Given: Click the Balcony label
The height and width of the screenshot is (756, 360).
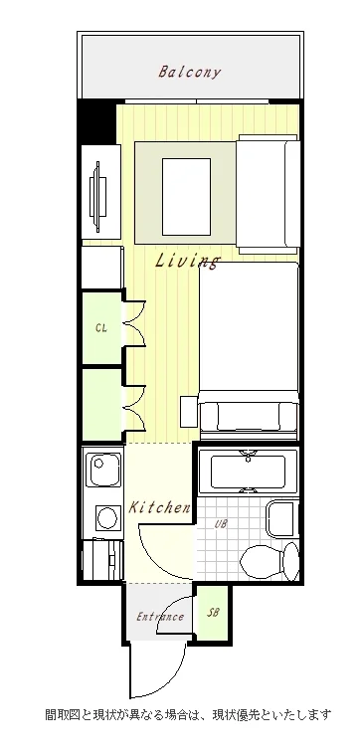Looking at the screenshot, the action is (189, 73).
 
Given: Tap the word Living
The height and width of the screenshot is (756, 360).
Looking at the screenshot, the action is (187, 261).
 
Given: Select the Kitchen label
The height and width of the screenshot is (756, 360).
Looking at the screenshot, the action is (159, 507).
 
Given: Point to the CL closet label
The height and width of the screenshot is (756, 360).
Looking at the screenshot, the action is (101, 328).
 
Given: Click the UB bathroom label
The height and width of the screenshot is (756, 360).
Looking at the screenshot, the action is (221, 523).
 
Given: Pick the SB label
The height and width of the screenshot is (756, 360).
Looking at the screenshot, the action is (213, 613).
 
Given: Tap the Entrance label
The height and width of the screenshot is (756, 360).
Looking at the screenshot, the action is (160, 617).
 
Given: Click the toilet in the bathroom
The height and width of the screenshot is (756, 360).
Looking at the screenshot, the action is (270, 561).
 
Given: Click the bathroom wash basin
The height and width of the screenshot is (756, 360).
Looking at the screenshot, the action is (282, 519).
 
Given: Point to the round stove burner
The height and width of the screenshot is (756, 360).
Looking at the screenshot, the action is (106, 518).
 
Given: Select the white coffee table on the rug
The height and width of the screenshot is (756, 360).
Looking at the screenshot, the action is (186, 197).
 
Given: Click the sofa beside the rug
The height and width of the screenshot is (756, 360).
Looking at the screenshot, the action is (268, 194).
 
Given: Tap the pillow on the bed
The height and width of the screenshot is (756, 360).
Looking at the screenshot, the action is (249, 416).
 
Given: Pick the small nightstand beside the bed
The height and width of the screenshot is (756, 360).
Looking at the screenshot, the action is (188, 411).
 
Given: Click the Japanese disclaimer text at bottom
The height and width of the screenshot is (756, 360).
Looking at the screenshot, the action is (188, 714).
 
